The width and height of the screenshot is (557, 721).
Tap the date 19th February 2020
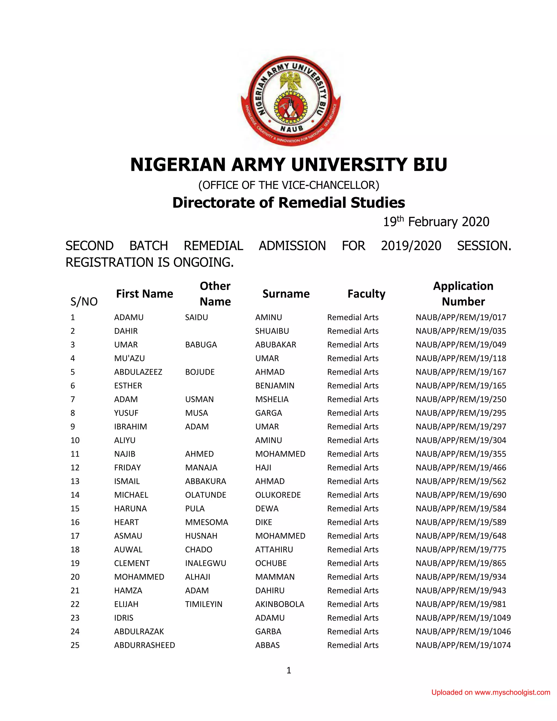point(436,222)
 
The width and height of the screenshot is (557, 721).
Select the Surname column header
point(286,294)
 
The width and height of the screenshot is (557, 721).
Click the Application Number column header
point(463,294)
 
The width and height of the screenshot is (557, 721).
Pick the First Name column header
point(144,294)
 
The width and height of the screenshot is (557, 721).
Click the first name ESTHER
point(128,386)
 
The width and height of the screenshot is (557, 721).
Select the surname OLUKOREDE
point(278,495)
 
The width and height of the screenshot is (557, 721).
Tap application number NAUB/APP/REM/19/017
point(461,317)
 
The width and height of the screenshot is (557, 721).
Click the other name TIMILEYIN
point(204,604)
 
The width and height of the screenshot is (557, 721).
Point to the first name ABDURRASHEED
point(144,645)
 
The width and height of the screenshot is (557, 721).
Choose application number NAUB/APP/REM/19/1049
point(463,618)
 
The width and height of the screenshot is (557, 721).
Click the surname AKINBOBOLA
point(280,604)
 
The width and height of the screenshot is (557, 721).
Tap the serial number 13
point(75,481)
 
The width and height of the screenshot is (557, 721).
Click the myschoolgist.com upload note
point(490,692)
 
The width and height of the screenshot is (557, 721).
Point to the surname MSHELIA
point(272,399)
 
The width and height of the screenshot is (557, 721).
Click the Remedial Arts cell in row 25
point(353,645)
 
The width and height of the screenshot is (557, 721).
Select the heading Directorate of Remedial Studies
point(288,203)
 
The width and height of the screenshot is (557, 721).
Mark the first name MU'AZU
point(129,358)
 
